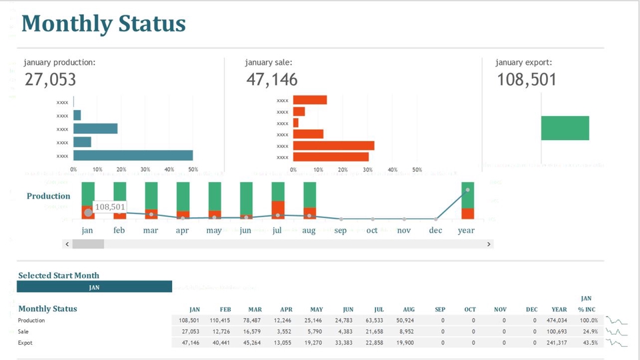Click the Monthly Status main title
pos(103,24)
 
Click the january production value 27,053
pos(51,80)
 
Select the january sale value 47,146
pos(271,80)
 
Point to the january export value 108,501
pos(526,80)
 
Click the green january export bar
pos(565,128)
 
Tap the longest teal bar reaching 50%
pos(133,155)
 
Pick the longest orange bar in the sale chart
pos(333,145)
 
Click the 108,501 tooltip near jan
pos(110,207)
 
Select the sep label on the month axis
pos(341,231)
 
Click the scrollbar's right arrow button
pos(489,244)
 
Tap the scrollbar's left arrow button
pos(67,244)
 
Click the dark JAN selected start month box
pos(94,287)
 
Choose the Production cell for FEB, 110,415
pos(219,320)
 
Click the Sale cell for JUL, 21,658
pos(374,331)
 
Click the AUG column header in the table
pos(409,309)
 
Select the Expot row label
pos(25,343)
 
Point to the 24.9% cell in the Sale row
pos(589,331)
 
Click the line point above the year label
pos(467,189)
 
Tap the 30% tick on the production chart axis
pos(145,169)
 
